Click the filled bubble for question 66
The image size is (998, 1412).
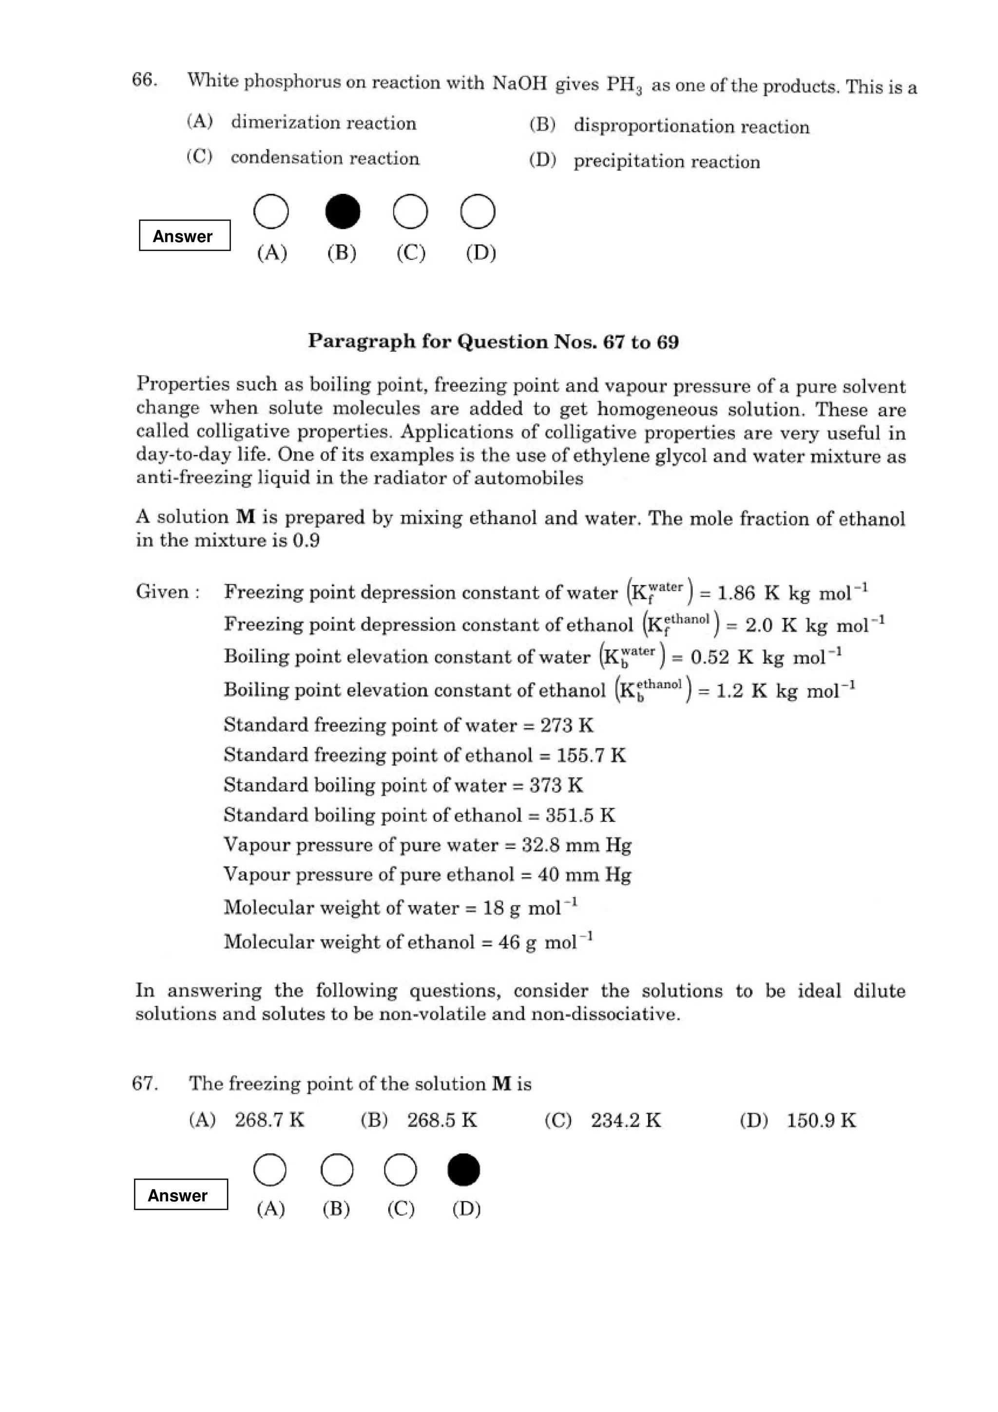(343, 211)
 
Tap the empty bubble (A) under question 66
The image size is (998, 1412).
(271, 211)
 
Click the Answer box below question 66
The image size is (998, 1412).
(185, 235)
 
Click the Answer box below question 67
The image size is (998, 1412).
(181, 1194)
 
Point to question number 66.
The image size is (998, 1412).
(145, 80)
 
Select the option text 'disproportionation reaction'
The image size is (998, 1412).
(691, 127)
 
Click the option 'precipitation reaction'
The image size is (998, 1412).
(667, 162)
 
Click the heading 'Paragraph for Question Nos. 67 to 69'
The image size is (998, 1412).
(493, 342)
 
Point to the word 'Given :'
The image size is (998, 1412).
(168, 592)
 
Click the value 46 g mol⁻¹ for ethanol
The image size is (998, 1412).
(545, 941)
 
